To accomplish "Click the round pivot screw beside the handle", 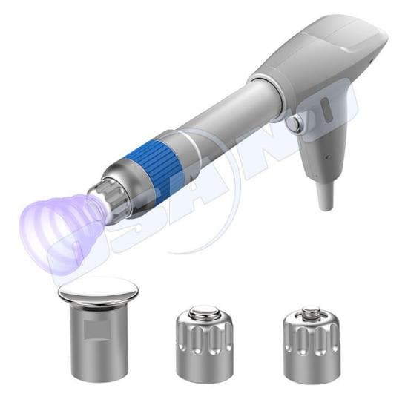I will [x=295, y=124].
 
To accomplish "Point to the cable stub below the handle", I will [x=324, y=194].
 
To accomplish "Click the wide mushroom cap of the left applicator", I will [x=98, y=291].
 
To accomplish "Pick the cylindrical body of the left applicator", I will [x=98, y=341].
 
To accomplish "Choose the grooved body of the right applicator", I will [x=311, y=345].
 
